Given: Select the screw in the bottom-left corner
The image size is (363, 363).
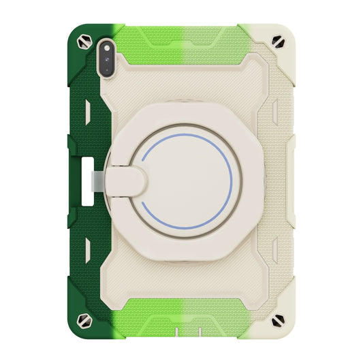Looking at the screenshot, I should tap(86, 320).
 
